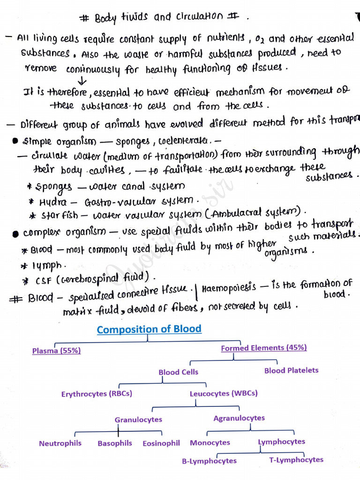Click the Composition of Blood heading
[149, 329]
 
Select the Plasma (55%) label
[52, 351]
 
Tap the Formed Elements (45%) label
[264, 348]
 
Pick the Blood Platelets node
[291, 370]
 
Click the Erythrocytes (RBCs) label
[97, 394]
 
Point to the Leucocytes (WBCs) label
[224, 394]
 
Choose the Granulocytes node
[138, 420]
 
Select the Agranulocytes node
[239, 418]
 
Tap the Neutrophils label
[60, 443]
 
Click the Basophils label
[115, 443]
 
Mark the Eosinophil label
[161, 443]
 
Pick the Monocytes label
[210, 443]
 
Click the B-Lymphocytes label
[209, 461]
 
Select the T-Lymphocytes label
[296, 460]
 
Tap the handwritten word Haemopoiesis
[229, 287]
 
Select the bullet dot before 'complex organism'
[16, 233]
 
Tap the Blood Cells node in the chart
[178, 372]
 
